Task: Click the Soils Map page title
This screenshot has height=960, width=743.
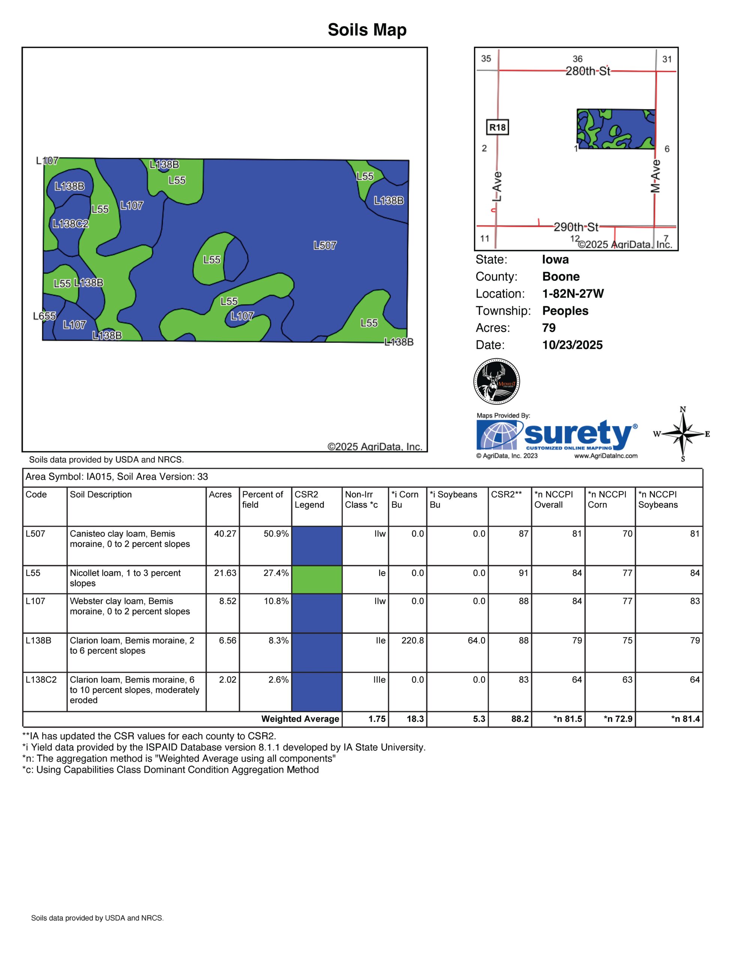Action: (x=367, y=30)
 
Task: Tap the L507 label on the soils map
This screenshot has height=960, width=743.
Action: (x=325, y=246)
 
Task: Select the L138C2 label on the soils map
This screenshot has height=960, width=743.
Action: (x=71, y=224)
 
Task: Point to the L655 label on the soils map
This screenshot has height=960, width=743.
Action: (x=44, y=316)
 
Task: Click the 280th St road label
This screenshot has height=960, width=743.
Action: (x=588, y=71)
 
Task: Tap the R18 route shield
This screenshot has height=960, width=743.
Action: (x=498, y=127)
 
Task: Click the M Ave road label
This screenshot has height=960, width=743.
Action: (x=655, y=176)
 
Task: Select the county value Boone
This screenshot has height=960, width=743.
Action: (x=561, y=276)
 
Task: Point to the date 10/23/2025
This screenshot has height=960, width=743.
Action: (x=572, y=345)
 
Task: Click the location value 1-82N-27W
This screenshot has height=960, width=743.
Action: (x=573, y=294)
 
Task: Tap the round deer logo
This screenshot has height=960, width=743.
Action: (x=497, y=381)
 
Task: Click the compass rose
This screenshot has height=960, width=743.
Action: (x=683, y=434)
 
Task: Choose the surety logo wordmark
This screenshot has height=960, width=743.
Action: (x=579, y=433)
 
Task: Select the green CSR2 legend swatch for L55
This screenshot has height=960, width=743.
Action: (x=317, y=580)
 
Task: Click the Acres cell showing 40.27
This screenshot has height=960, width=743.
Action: (x=225, y=534)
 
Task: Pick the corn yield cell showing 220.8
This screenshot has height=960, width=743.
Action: (x=412, y=640)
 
